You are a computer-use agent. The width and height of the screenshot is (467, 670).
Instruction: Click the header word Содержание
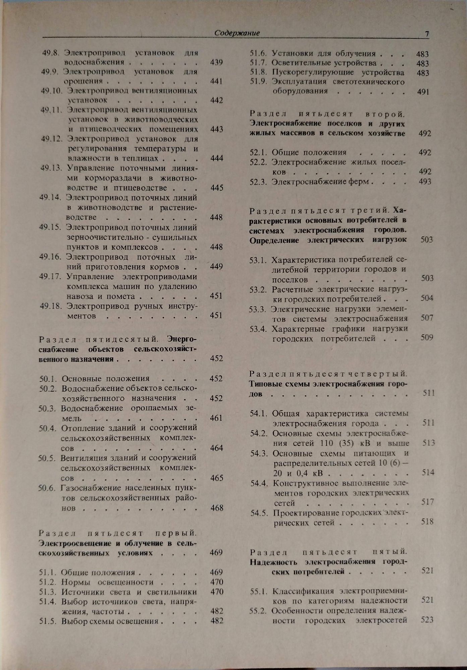pos(237,33)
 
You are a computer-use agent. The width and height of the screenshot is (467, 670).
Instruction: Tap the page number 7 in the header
pos(427,34)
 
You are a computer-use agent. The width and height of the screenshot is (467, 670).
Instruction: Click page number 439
pos(217,62)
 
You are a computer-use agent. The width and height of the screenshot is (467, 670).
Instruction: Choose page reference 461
pos(216,418)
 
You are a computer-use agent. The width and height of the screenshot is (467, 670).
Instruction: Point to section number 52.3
pos(258,182)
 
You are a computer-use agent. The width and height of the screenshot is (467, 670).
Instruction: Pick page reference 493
pos(425,182)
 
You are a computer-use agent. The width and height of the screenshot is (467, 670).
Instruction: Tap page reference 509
pos(427,337)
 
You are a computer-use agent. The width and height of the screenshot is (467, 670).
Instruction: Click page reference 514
pos(428,472)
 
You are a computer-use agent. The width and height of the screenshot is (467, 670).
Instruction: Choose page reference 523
pos(427,620)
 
